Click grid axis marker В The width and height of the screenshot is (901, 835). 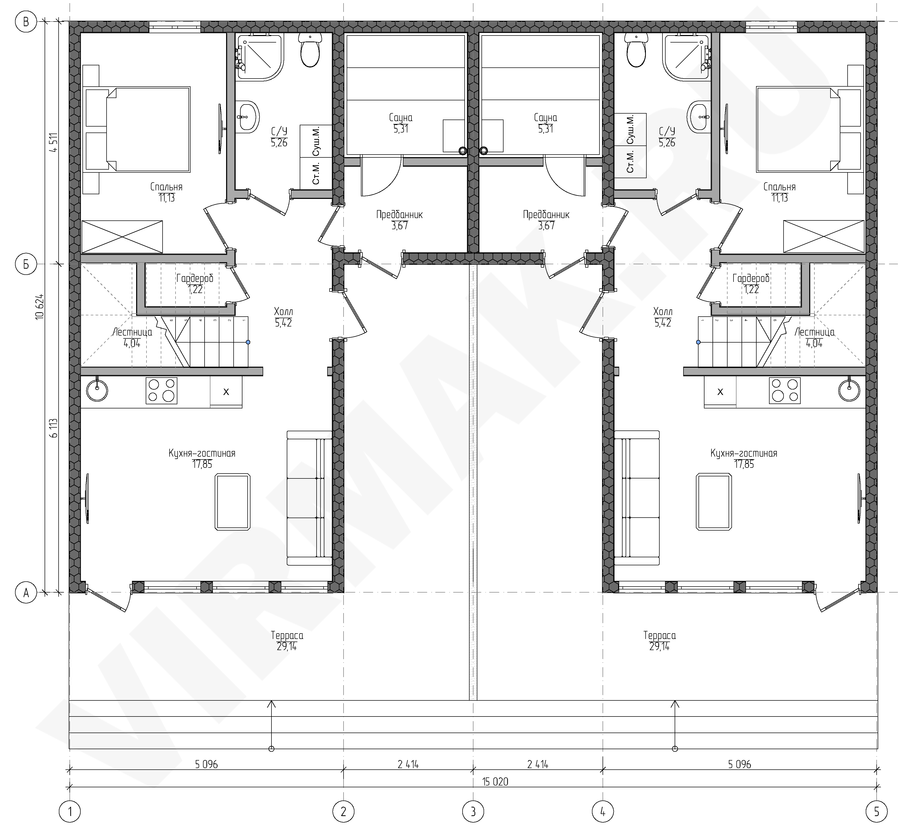pos(26,22)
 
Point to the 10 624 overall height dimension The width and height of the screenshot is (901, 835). pos(40,307)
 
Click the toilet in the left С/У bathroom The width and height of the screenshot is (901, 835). pos(310,51)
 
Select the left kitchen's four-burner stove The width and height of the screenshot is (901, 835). pos(161,390)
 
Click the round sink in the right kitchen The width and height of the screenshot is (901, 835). pos(849,390)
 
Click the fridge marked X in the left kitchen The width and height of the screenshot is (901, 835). pos(226,392)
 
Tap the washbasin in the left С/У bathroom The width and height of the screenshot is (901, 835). pos(247,117)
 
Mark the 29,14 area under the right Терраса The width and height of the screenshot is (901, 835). pos(659,646)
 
